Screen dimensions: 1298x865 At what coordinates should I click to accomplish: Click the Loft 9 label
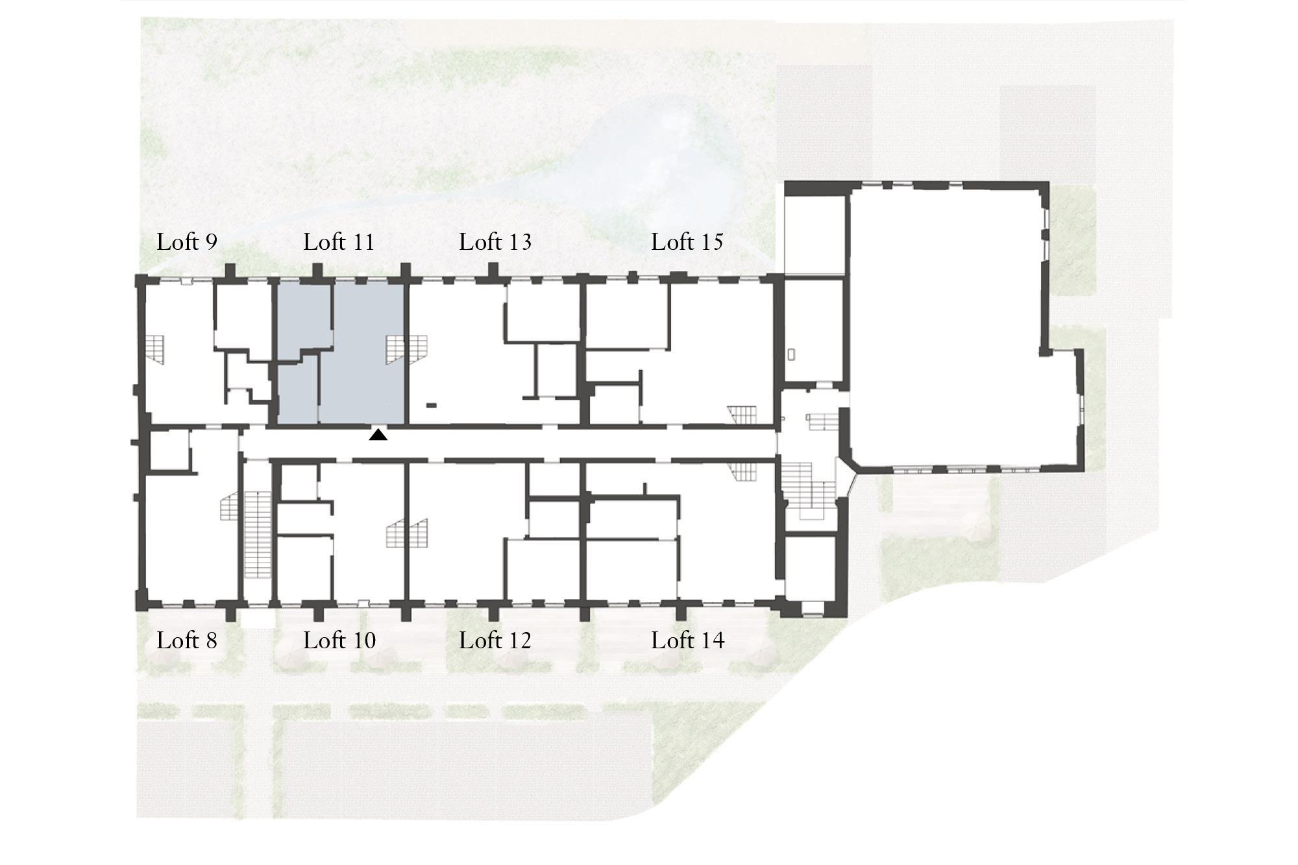click(187, 242)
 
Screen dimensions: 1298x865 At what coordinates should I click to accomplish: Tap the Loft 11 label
click(339, 242)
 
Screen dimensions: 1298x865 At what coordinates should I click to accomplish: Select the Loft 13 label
click(495, 242)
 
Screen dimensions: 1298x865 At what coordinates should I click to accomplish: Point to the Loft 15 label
click(687, 242)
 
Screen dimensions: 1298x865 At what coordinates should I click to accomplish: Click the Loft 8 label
click(187, 640)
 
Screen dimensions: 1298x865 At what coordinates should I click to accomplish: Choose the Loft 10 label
click(339, 640)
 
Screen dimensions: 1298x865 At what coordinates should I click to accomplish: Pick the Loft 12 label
click(495, 640)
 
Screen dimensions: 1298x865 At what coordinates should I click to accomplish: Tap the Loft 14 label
click(687, 640)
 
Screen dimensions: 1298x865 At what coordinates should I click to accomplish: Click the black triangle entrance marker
click(378, 435)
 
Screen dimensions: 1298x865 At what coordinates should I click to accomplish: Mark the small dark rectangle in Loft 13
click(431, 406)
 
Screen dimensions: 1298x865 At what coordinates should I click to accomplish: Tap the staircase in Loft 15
click(742, 415)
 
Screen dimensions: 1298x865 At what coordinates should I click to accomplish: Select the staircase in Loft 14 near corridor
click(742, 472)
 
